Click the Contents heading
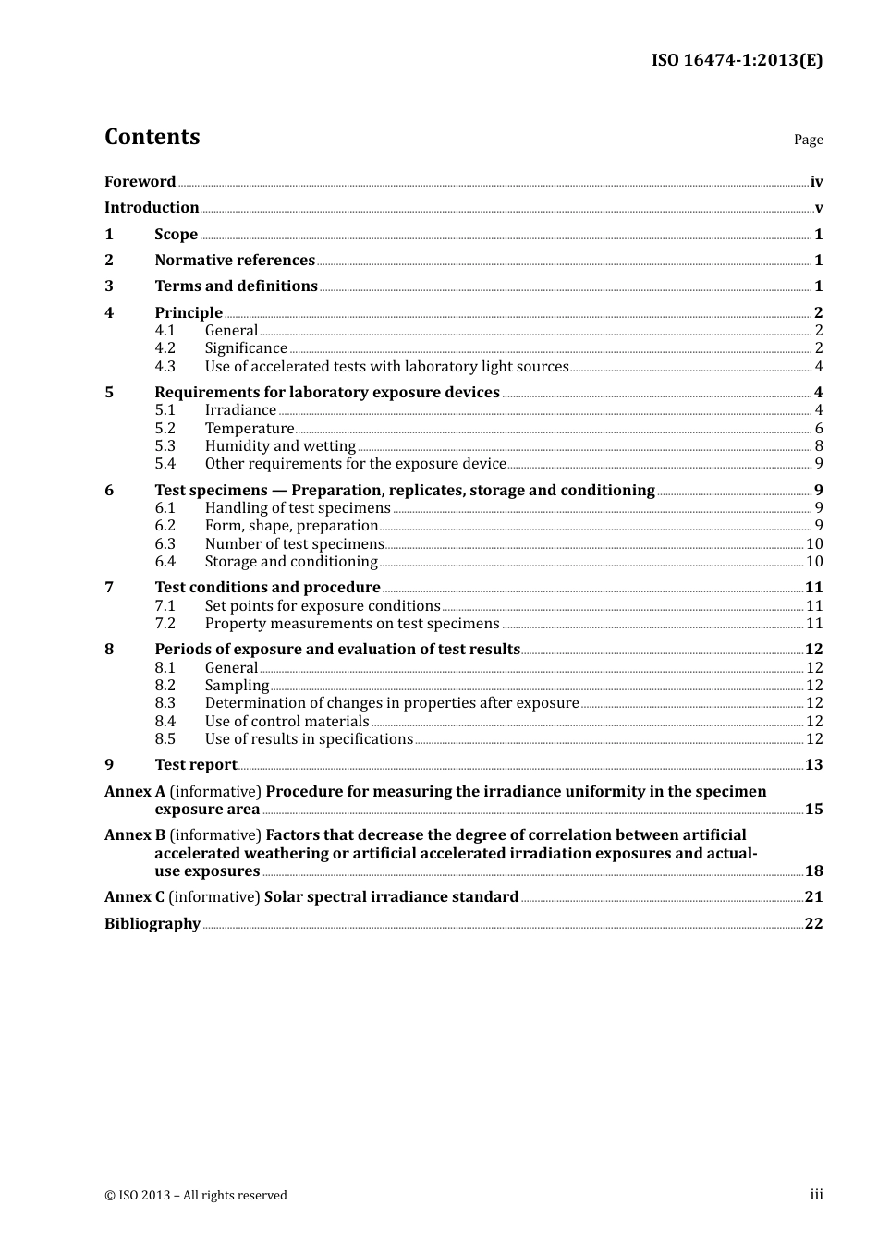point(152,137)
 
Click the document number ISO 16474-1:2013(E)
point(737,60)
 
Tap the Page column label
point(808,140)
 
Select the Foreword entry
point(140,182)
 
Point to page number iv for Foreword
point(816,182)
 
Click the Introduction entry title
point(152,208)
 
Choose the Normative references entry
point(235,261)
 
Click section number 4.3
point(165,367)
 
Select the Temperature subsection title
point(249,429)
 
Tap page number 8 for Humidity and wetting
point(818,446)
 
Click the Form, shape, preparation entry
point(291,526)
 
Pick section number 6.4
point(165,562)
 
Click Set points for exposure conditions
point(323,606)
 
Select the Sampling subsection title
point(237,686)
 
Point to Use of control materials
point(287,722)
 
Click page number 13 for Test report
point(813,765)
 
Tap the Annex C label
point(135,897)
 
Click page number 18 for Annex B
point(813,871)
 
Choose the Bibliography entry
point(152,924)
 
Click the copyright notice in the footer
point(196,1196)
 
